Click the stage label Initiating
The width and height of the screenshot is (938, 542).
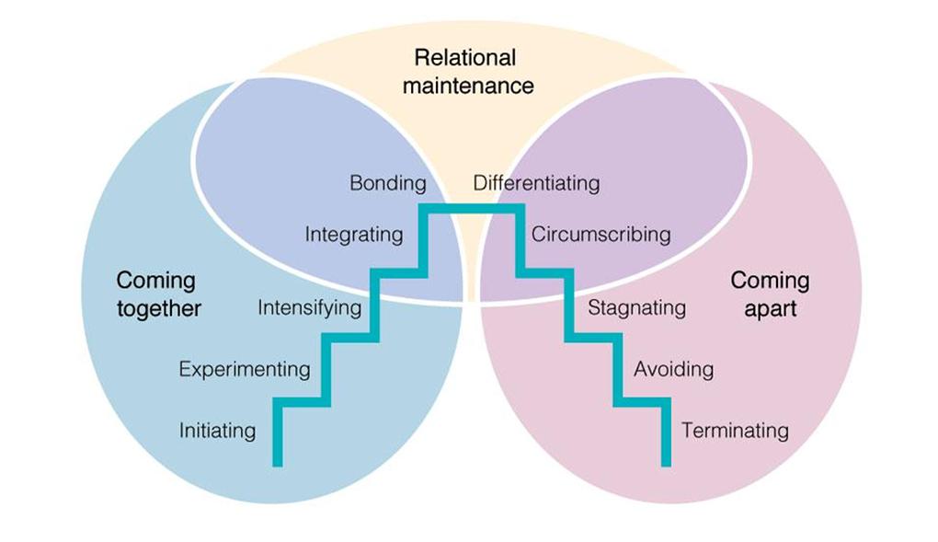tap(217, 430)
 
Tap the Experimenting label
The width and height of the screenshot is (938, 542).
tap(245, 369)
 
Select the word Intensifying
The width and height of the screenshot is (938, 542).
tap(309, 307)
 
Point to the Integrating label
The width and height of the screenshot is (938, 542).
tap(353, 235)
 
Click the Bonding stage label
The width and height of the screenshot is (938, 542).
tap(387, 183)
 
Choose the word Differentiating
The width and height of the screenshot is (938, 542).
tap(536, 183)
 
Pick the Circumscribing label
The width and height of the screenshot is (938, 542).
tap(601, 235)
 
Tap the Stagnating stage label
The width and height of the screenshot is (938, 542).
tap(636, 307)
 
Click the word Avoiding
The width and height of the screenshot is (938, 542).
tap(673, 369)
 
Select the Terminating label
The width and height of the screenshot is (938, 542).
tap(735, 430)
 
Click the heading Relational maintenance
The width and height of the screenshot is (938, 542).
tap(467, 72)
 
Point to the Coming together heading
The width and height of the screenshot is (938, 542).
tap(158, 294)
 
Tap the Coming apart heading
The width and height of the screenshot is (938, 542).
tap(770, 294)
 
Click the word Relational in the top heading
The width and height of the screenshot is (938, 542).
tap(465, 58)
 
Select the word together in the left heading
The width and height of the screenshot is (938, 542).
tap(158, 308)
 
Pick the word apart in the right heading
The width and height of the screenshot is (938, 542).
tap(770, 308)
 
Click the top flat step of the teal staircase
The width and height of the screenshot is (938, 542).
tap(469, 208)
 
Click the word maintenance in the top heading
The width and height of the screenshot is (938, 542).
tap(467, 86)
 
